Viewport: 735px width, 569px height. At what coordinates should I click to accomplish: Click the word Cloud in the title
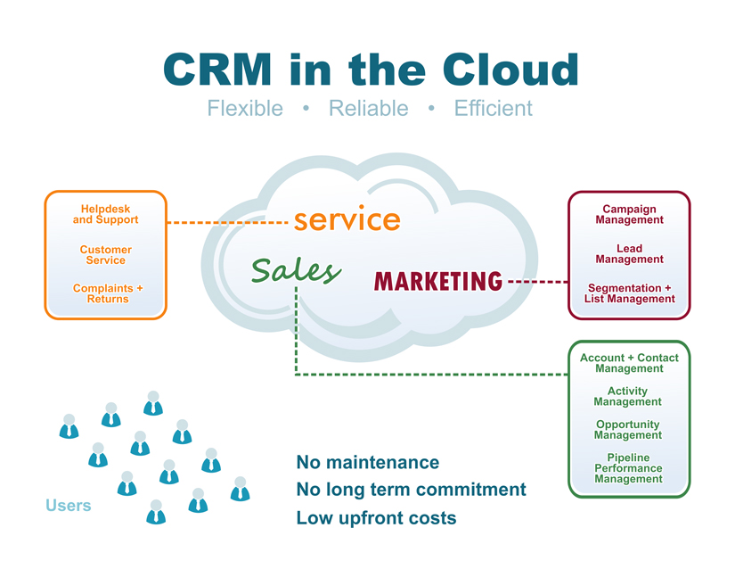[x=508, y=70]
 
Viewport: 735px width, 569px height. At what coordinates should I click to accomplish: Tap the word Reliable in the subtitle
[x=368, y=109]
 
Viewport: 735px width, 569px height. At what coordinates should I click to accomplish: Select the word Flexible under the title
[x=245, y=109]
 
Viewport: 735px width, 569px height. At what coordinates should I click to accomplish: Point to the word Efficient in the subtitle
[x=493, y=109]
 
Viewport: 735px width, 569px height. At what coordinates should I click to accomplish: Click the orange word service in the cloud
[x=347, y=219]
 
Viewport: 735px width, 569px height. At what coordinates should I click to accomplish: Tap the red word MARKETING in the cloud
[x=438, y=282]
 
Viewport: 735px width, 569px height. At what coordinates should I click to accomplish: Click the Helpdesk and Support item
[x=105, y=215]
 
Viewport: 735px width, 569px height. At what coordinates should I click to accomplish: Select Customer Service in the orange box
[x=105, y=255]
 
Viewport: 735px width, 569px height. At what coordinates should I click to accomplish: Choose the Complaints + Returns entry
[x=107, y=293]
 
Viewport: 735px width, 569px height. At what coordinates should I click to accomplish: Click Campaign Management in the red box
[x=629, y=215]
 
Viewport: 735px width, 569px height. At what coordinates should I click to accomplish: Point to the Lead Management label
[x=629, y=254]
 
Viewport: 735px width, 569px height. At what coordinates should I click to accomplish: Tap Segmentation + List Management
[x=629, y=293]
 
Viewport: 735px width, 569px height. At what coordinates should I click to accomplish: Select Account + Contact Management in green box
[x=629, y=363]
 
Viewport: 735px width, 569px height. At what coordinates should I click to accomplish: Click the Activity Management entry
[x=628, y=396]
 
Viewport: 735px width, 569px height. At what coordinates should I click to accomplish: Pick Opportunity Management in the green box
[x=628, y=430]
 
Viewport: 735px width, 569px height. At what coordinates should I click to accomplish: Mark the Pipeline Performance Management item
[x=628, y=468]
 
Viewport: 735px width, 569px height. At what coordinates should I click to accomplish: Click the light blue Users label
[x=69, y=506]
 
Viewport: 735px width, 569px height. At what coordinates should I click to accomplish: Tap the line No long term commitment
[x=411, y=490]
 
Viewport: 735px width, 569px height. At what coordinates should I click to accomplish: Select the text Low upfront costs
[x=376, y=517]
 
